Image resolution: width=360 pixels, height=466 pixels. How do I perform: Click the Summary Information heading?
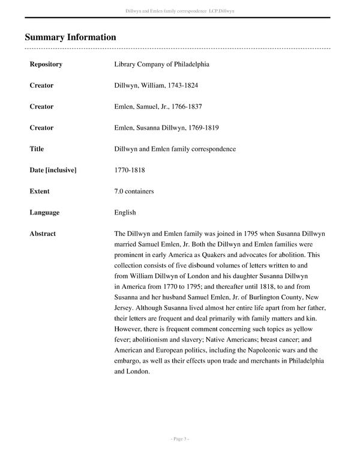coord(70,37)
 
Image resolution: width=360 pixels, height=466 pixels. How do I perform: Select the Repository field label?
coord(46,64)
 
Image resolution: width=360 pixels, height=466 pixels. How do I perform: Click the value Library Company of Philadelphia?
coord(161,64)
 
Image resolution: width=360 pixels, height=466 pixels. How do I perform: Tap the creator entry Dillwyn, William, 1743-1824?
coord(155,85)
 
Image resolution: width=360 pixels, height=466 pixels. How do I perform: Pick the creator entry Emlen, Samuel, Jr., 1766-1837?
coord(158,106)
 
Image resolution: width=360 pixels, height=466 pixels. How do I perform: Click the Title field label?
coord(37,149)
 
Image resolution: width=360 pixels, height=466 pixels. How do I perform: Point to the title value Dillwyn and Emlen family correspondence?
coord(175,149)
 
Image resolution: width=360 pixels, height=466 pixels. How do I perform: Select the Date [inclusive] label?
coord(53,170)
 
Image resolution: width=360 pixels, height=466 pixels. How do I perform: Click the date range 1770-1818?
coord(130,170)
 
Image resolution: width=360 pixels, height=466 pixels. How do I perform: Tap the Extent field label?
coord(40,191)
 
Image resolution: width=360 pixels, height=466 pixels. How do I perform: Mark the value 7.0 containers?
coord(134,191)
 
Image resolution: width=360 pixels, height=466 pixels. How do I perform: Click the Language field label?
coord(44,213)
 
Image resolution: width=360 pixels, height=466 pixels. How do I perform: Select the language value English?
coord(125,213)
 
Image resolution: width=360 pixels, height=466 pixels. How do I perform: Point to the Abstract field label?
coord(43,234)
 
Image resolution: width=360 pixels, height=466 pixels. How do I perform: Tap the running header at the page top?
coord(179,11)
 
